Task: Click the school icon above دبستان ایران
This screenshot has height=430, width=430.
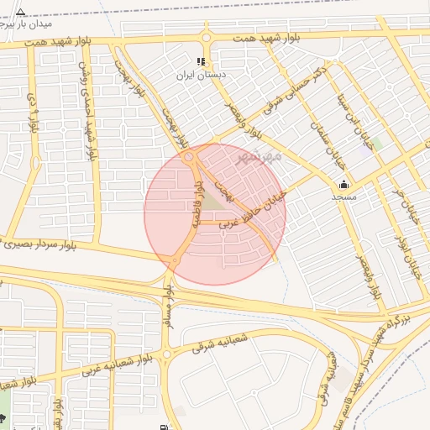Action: click(201, 61)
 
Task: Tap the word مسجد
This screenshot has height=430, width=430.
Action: click(344, 197)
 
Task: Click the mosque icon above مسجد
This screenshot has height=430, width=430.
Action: click(343, 185)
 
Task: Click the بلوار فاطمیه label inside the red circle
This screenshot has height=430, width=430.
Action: click(200, 207)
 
